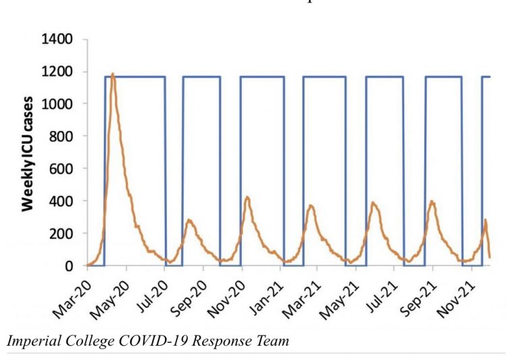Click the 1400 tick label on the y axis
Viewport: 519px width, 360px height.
57,39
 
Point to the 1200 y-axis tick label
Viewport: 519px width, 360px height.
57,72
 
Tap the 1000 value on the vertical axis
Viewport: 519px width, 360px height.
57,104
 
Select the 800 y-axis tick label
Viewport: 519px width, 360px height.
61,136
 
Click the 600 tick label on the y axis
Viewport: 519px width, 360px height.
61,169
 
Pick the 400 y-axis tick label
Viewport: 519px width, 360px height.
61,201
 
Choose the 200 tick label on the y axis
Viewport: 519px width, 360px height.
61,234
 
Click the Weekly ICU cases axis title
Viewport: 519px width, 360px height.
28,153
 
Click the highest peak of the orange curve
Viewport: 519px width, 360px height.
113,74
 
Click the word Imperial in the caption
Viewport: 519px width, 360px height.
31,341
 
